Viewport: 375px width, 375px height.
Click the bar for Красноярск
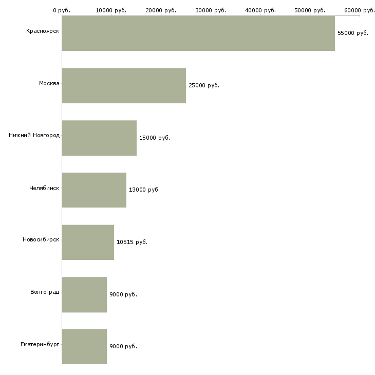tap(198, 33)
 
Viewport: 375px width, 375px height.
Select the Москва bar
tap(124, 86)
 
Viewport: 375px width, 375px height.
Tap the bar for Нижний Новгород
tap(99, 138)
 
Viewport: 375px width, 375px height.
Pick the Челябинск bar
tap(94, 190)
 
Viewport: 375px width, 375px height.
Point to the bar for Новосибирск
tap(88, 242)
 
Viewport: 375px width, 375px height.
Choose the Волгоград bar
tap(84, 295)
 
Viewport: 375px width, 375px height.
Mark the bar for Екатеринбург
tap(84, 347)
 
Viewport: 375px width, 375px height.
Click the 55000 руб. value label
tap(353, 33)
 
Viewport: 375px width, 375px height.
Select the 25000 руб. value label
tap(204, 85)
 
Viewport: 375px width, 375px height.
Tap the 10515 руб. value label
tap(132, 242)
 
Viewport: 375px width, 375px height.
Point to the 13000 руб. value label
tap(144, 190)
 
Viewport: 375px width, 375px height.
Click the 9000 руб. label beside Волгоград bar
tap(123, 294)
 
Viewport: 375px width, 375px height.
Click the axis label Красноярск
tap(43, 31)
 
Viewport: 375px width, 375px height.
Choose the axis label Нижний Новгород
tap(34, 135)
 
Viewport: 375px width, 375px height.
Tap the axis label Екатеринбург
tap(40, 344)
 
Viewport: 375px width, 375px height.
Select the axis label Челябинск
tap(44, 188)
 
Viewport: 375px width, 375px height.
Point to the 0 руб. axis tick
tap(62, 10)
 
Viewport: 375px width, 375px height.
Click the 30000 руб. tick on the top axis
tap(211, 10)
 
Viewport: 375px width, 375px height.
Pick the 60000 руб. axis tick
tap(360, 10)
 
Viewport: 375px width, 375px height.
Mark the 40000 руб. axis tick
tap(260, 10)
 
